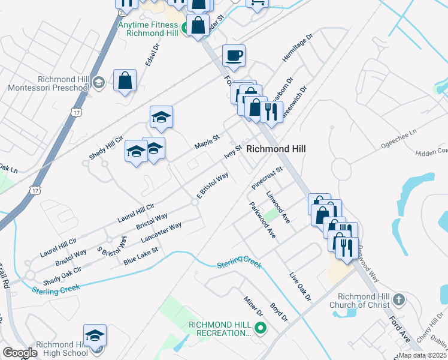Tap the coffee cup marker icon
[234, 56]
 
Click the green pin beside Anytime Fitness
[186, 26]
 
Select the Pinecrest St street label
[267, 178]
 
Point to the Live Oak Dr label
[301, 287]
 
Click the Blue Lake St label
[140, 256]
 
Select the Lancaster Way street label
[161, 233]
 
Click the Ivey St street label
[232, 151]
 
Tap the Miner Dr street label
[253, 306]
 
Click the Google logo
[20, 353]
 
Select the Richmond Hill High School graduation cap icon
[95, 336]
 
